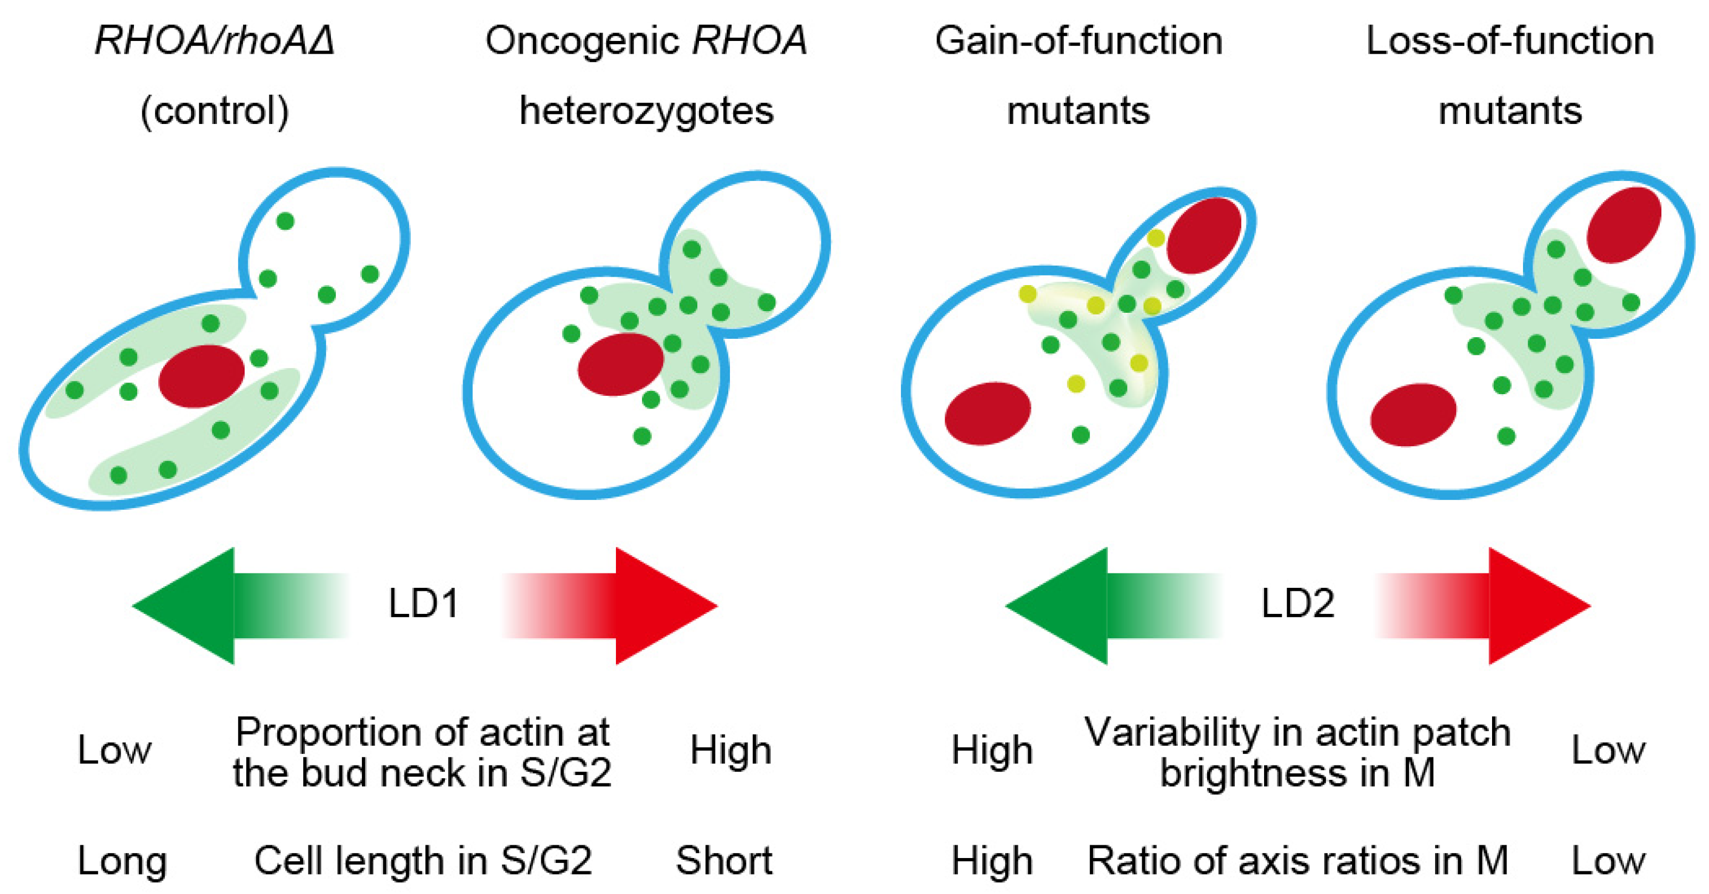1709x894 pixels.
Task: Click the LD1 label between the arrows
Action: pyautogui.click(x=423, y=604)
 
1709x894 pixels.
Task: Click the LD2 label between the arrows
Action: pyautogui.click(x=1297, y=604)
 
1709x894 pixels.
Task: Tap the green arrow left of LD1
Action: pyautogui.click(x=219, y=605)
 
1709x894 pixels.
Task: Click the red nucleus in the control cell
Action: pyautogui.click(x=201, y=376)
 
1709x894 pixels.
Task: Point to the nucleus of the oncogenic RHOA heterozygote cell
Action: pyautogui.click(x=620, y=364)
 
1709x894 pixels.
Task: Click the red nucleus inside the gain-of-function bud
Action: pyautogui.click(x=1204, y=235)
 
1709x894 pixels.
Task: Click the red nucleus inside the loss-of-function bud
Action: pyautogui.click(x=1623, y=224)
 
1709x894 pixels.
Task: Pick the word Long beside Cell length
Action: pyautogui.click(x=121, y=861)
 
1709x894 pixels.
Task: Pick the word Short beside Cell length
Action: pyautogui.click(x=724, y=861)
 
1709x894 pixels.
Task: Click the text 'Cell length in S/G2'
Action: pyautogui.click(x=423, y=861)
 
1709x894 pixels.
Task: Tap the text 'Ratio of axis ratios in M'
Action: pyautogui.click(x=1298, y=861)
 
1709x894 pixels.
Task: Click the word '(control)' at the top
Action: pyautogui.click(x=214, y=110)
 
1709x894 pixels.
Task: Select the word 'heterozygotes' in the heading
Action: pyautogui.click(x=646, y=110)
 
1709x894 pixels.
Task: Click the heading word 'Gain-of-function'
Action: pyautogui.click(x=1079, y=41)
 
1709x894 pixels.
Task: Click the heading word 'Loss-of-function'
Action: pyautogui.click(x=1510, y=41)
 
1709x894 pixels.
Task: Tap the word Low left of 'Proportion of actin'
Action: pyautogui.click(x=114, y=751)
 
